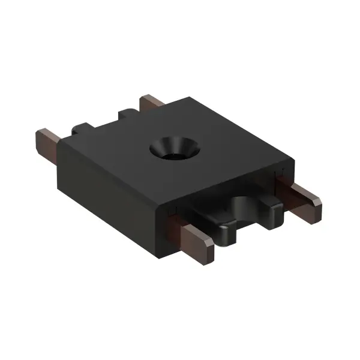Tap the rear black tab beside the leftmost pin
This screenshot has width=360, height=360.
pyautogui.click(x=80, y=127)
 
